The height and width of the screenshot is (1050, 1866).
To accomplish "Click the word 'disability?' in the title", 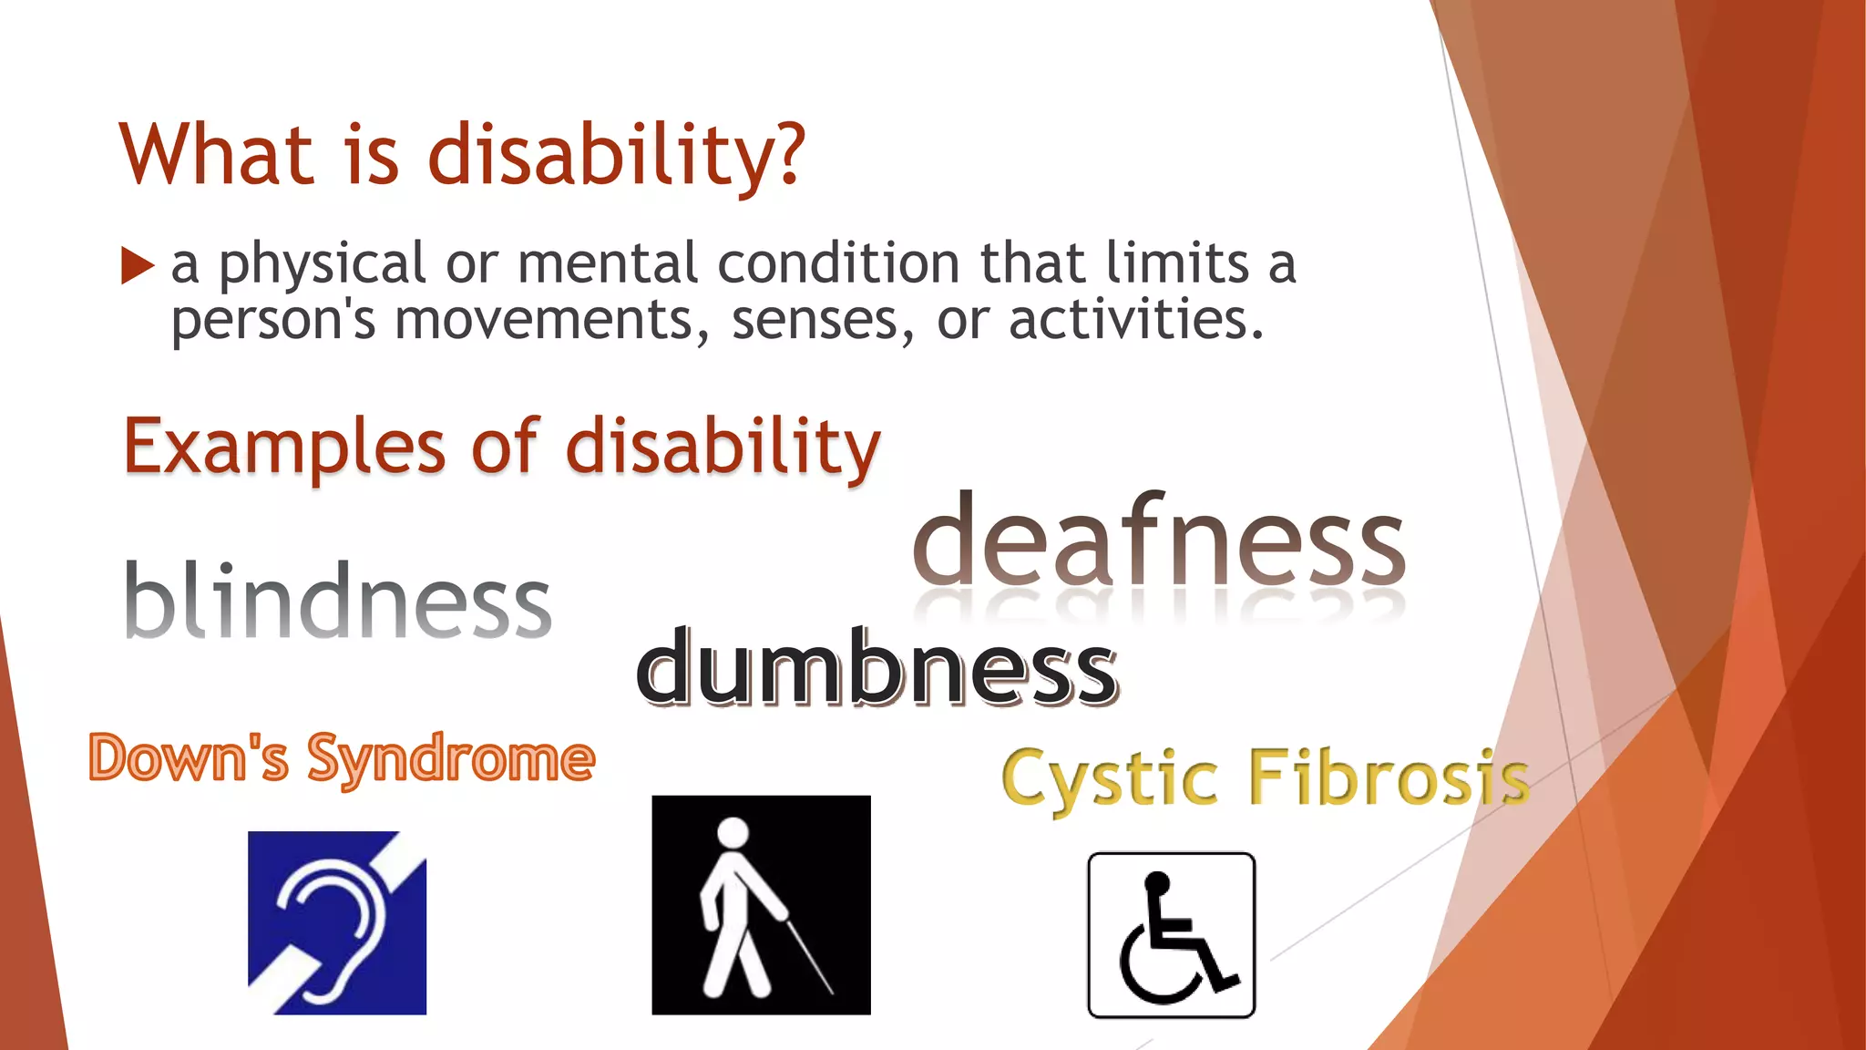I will pyautogui.click(x=617, y=156).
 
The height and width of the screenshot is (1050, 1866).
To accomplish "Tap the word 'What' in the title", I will pyautogui.click(x=217, y=156).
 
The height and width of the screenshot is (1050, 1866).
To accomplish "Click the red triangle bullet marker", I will pyautogui.click(x=137, y=266).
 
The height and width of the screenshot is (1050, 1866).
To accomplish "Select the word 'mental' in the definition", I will pyautogui.click(x=608, y=264).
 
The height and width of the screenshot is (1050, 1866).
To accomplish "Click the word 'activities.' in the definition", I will pyautogui.click(x=1136, y=321).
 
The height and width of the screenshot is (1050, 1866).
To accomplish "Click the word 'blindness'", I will pyautogui.click(x=337, y=601).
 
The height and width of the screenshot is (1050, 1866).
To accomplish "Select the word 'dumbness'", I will pyautogui.click(x=877, y=670).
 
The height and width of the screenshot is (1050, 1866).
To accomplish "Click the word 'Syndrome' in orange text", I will pyautogui.click(x=451, y=758).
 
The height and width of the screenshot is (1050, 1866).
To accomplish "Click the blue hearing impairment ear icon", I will pyautogui.click(x=337, y=922).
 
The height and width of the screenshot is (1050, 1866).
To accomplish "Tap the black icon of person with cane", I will pyautogui.click(x=761, y=905).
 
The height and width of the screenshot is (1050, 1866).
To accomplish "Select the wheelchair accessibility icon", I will pyautogui.click(x=1171, y=935).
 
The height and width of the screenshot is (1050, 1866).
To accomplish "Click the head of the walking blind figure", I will pyautogui.click(x=733, y=832).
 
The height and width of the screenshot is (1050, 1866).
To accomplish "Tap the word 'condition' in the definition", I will pyautogui.click(x=838, y=264).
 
